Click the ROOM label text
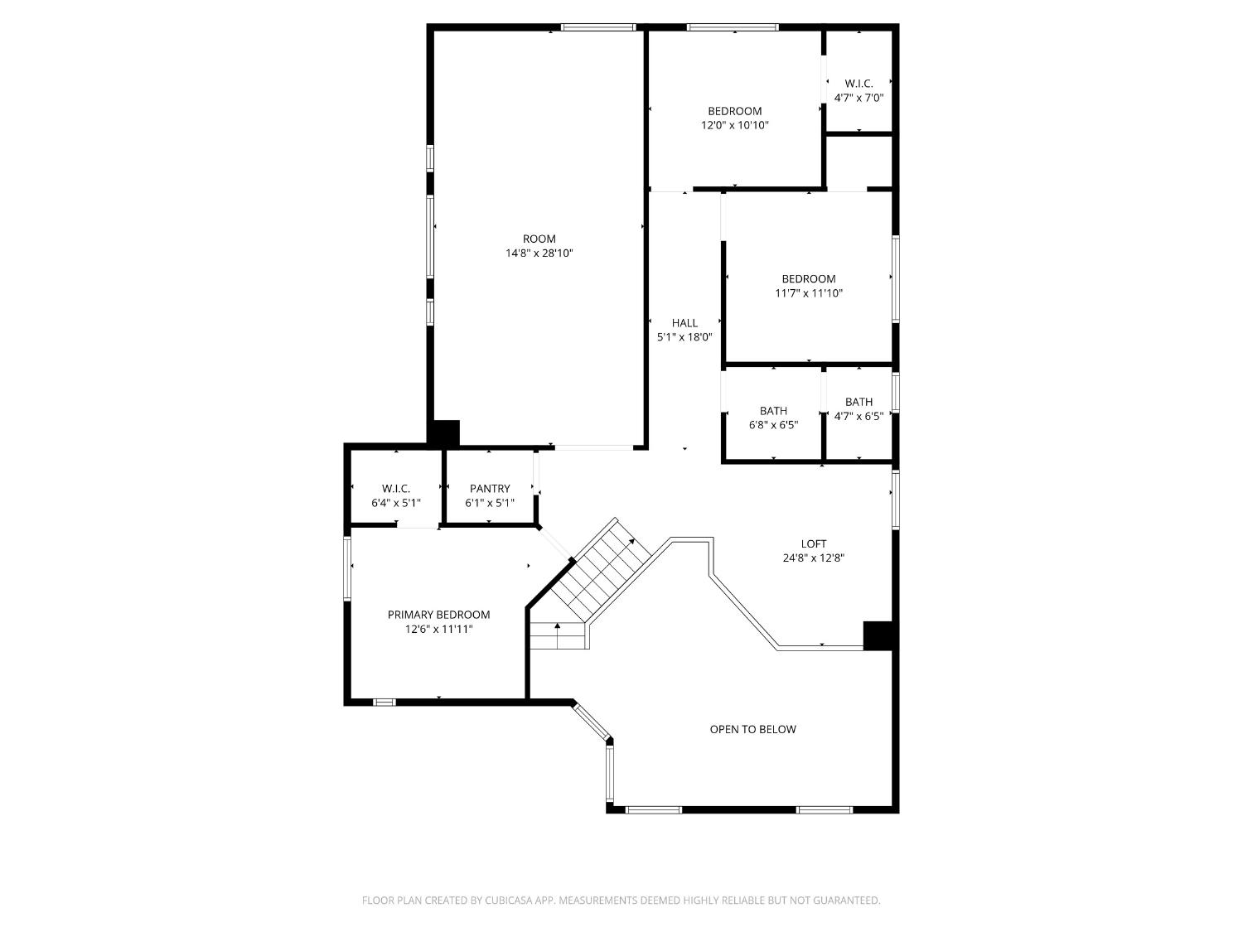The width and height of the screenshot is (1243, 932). click(x=539, y=239)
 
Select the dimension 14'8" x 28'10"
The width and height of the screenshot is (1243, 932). click(x=539, y=254)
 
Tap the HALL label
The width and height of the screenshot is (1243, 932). click(x=684, y=323)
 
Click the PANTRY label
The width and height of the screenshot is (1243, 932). click(x=490, y=489)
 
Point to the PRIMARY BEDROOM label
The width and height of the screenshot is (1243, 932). click(x=438, y=615)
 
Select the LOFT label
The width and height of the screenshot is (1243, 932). click(x=813, y=544)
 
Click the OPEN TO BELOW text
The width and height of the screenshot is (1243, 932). click(x=752, y=730)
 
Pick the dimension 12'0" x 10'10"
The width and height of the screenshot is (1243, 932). click(x=734, y=125)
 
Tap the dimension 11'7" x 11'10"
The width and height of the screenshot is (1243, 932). click(x=809, y=293)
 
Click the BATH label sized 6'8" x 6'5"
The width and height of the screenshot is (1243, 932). click(x=773, y=411)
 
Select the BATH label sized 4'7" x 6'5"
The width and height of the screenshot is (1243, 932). click(x=858, y=403)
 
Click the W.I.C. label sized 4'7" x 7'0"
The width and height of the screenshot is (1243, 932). click(x=858, y=84)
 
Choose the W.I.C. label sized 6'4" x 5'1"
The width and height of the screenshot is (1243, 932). click(x=396, y=489)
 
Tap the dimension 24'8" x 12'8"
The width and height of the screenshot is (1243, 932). click(x=813, y=558)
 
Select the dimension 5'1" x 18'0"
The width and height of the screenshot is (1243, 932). click(x=684, y=337)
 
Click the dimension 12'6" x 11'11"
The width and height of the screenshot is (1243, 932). click(x=438, y=630)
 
